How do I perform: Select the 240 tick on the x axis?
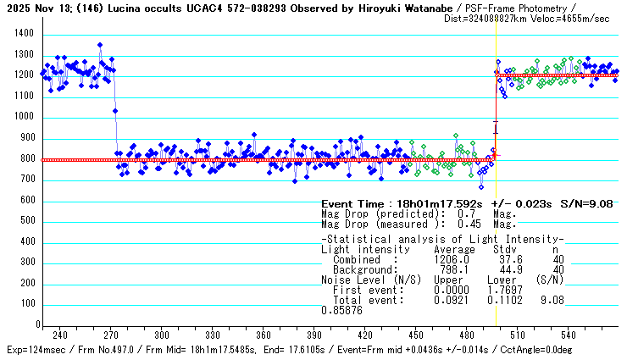click(60, 335)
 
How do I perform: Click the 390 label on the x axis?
click(314, 335)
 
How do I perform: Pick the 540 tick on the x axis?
click(569, 335)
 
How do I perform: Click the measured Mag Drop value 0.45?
click(457, 224)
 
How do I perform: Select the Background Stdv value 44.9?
click(501, 269)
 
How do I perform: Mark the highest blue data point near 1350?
click(100, 45)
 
